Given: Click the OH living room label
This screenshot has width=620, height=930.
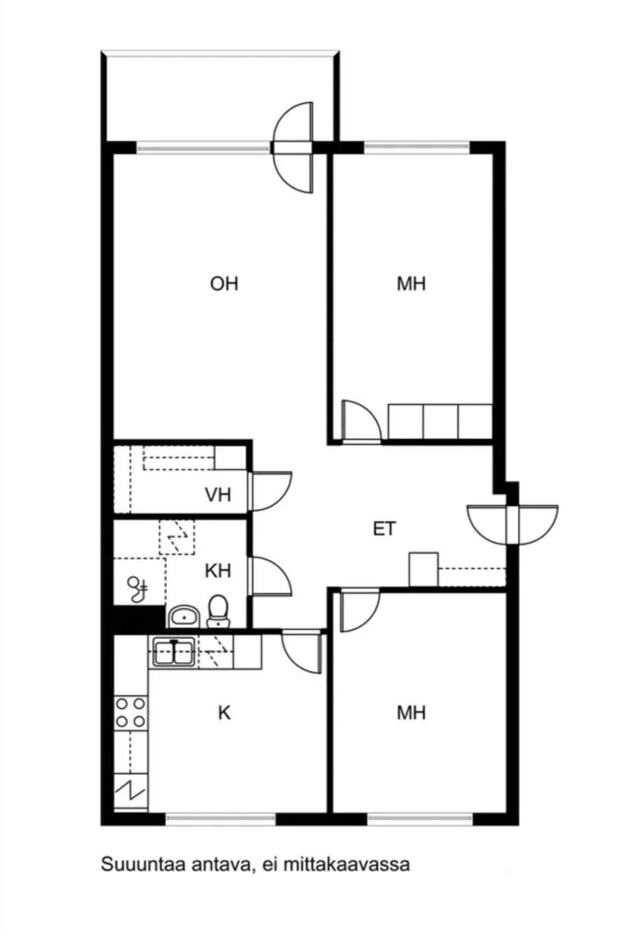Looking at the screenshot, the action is [224, 284].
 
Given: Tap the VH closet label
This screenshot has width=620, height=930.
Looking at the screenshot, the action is [218, 495].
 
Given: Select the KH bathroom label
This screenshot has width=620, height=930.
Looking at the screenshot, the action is [218, 571].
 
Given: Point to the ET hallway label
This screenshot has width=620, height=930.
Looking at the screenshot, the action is [385, 529].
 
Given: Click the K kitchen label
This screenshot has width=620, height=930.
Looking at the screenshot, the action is [224, 713].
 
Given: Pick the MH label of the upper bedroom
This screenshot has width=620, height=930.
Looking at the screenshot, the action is [411, 284].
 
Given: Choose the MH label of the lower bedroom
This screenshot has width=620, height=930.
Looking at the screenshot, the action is [411, 713].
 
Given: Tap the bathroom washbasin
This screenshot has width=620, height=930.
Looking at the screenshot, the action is [183, 617].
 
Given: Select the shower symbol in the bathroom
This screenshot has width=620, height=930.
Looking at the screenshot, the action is [137, 589].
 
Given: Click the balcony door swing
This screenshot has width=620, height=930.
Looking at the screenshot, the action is [292, 147].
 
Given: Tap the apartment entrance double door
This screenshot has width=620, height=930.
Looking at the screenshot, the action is [513, 524].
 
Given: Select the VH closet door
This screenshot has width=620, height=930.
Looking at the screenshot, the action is [270, 491].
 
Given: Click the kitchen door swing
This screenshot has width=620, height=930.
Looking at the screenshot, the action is [302, 652].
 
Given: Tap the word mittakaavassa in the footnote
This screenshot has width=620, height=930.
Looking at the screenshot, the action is [347, 864].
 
